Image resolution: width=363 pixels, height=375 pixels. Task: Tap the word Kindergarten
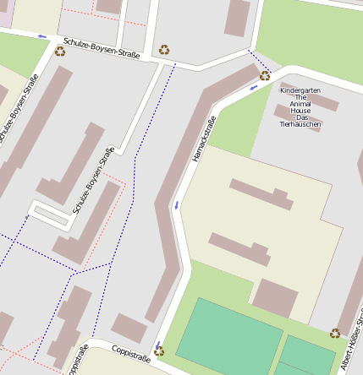tap(300, 90)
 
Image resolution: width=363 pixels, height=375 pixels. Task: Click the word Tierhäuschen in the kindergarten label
tap(300, 124)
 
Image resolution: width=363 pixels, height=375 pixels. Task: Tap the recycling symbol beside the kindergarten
tap(265, 75)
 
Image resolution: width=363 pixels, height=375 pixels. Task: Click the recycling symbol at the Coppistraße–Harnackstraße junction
tap(159, 351)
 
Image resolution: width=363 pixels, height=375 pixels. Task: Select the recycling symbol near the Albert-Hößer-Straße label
tap(335, 334)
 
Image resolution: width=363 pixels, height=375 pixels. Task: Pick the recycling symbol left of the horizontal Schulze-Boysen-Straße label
tap(60, 51)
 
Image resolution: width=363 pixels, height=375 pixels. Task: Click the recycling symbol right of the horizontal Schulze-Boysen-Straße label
tap(163, 49)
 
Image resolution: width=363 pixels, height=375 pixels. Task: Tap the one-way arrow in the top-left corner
tap(42, 36)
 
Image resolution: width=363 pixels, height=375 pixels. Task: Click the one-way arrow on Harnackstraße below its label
tap(177, 204)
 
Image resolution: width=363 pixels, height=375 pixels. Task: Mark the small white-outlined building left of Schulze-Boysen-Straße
tap(50, 215)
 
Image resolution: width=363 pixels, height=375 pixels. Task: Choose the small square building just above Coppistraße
tap(129, 328)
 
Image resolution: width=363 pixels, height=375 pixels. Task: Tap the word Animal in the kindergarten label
tap(300, 104)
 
